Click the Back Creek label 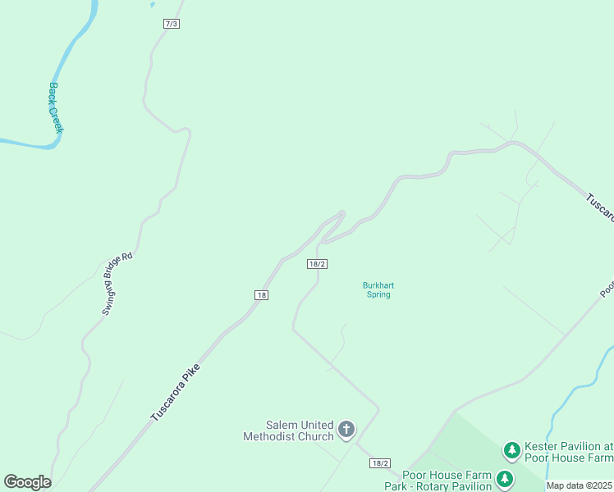coord(56,107)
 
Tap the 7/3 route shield coord(171,24)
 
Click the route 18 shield coord(261,295)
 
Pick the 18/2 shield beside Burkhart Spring coord(318,264)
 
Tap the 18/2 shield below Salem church coord(379,463)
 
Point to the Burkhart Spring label coord(378,290)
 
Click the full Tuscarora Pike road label coord(176,394)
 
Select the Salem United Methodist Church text coord(288,430)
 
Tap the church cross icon coord(346,429)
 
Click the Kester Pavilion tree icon coord(512,449)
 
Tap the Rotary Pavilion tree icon coord(504,479)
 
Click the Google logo coord(27,482)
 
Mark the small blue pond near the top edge coord(152,4)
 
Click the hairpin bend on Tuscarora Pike coord(341,215)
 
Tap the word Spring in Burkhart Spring coord(378,295)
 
